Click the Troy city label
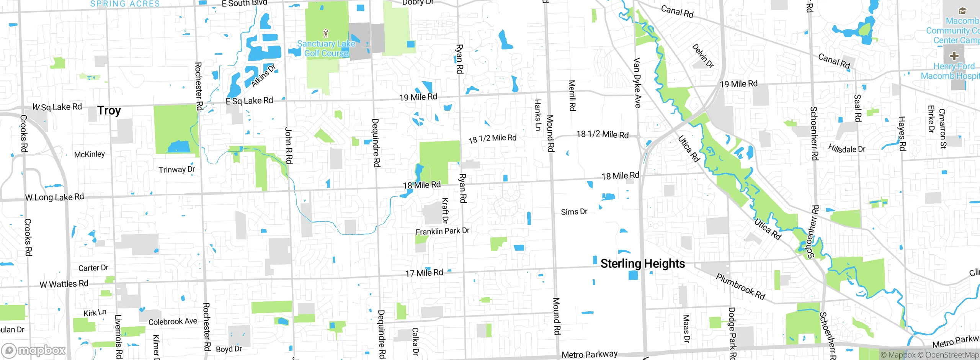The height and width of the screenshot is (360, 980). (x=109, y=111)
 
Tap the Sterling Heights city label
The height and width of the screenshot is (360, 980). (x=642, y=263)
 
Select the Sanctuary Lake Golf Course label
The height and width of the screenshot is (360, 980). (x=326, y=49)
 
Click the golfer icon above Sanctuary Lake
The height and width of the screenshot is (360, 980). (x=326, y=33)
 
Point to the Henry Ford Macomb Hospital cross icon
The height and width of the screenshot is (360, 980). (x=954, y=56)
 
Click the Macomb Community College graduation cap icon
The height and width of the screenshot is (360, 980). (x=962, y=11)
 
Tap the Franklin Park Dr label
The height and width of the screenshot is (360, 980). (x=442, y=231)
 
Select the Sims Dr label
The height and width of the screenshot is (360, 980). (x=574, y=212)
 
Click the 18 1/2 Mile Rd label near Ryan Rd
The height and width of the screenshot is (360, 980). (x=492, y=138)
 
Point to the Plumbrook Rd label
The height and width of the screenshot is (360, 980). (x=740, y=286)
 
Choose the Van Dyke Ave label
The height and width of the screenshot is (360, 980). (x=637, y=83)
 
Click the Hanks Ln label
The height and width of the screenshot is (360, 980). (x=537, y=115)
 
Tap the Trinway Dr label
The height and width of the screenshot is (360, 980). (x=176, y=169)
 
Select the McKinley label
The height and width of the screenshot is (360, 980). (x=89, y=154)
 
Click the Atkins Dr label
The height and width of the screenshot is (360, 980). (x=263, y=76)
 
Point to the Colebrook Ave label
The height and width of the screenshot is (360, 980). (x=173, y=322)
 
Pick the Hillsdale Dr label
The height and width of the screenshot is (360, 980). (x=846, y=149)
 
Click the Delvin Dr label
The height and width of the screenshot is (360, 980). (x=703, y=56)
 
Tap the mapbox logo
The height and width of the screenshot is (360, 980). (x=34, y=350)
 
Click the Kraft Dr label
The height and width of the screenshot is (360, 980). (x=445, y=210)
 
